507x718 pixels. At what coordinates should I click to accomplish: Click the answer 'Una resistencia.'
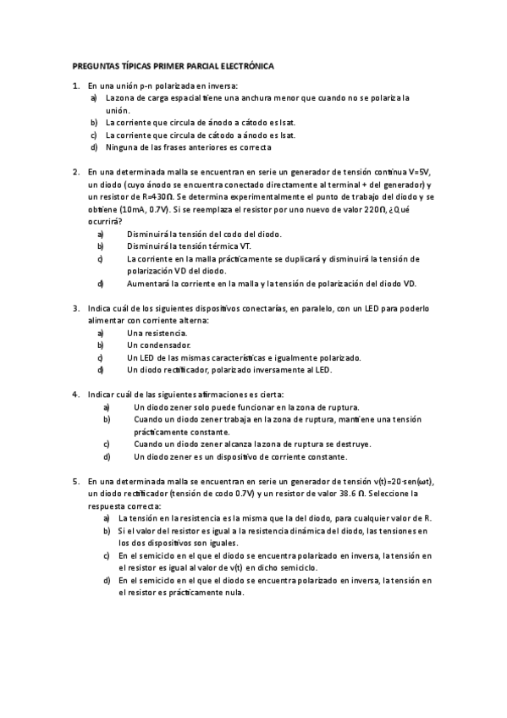click(x=157, y=333)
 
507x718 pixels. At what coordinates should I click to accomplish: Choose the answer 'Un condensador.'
click(x=158, y=345)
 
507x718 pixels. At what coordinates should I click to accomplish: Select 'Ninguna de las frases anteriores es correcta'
click(x=188, y=147)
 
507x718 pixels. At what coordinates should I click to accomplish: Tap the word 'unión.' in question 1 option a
click(x=118, y=110)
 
